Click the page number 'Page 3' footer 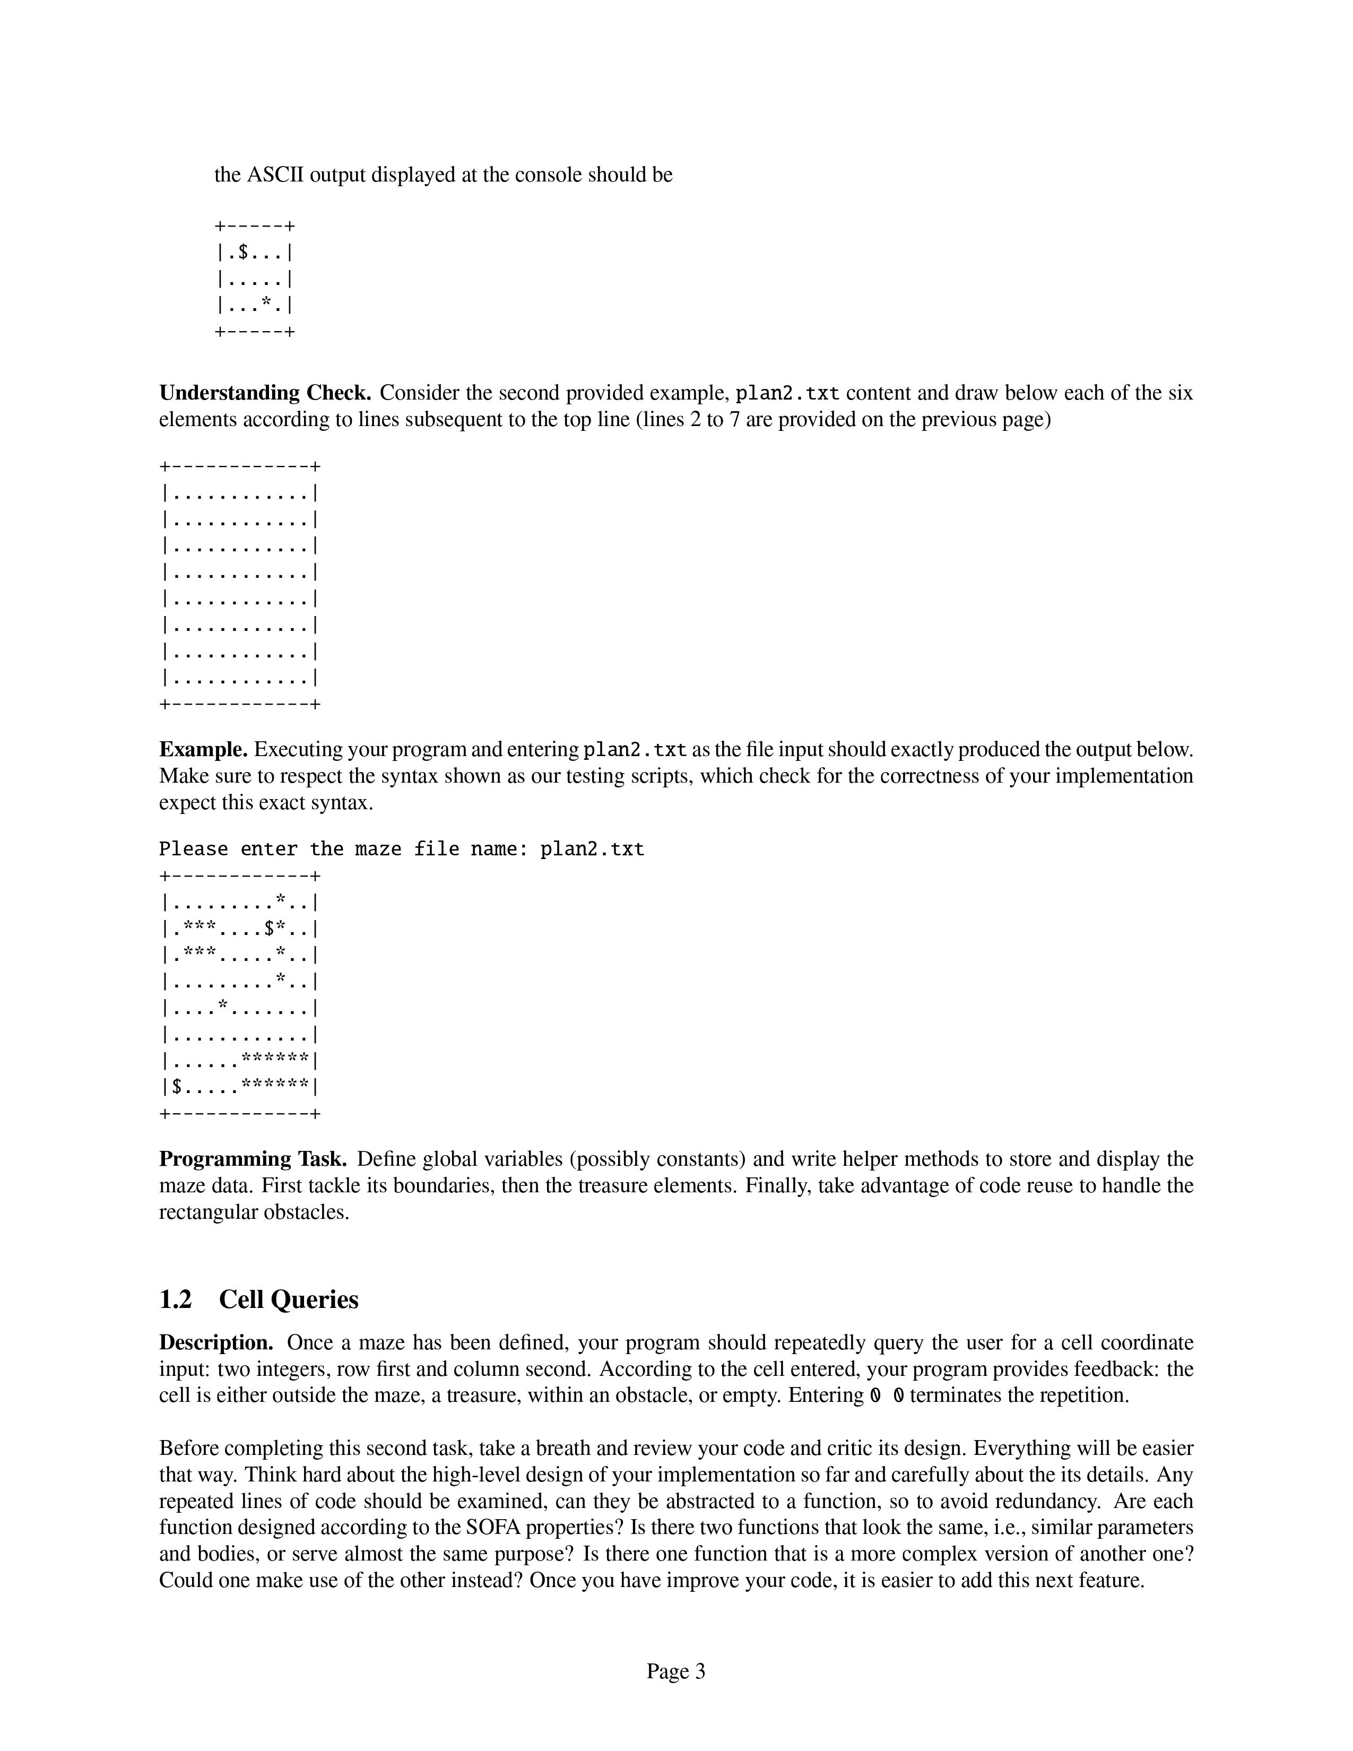675,1671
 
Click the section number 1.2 176,1299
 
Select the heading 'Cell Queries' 289,1299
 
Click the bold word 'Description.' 216,1343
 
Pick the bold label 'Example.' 204,750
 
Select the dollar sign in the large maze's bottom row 176,1087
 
